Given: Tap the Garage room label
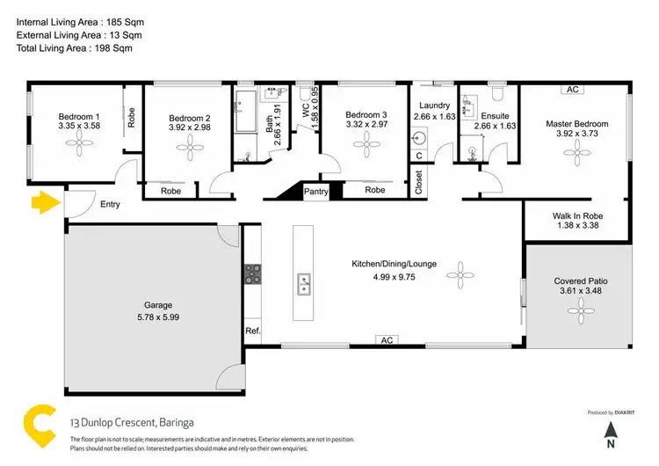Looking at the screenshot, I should pyautogui.click(x=158, y=305).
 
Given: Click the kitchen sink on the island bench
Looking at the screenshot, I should pyautogui.click(x=305, y=283).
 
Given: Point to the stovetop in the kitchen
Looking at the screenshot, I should pyautogui.click(x=253, y=275).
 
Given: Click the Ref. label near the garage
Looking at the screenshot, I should pyautogui.click(x=253, y=331).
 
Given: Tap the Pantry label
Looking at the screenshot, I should pyautogui.click(x=315, y=191).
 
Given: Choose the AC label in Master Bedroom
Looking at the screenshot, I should pyautogui.click(x=573, y=89).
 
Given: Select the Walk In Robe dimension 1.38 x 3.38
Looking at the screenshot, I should pyautogui.click(x=576, y=225).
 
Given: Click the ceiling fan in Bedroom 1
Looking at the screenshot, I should pyautogui.click(x=80, y=149).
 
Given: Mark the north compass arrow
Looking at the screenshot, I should pyautogui.click(x=610, y=431).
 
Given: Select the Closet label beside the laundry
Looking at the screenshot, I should pyautogui.click(x=418, y=181).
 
